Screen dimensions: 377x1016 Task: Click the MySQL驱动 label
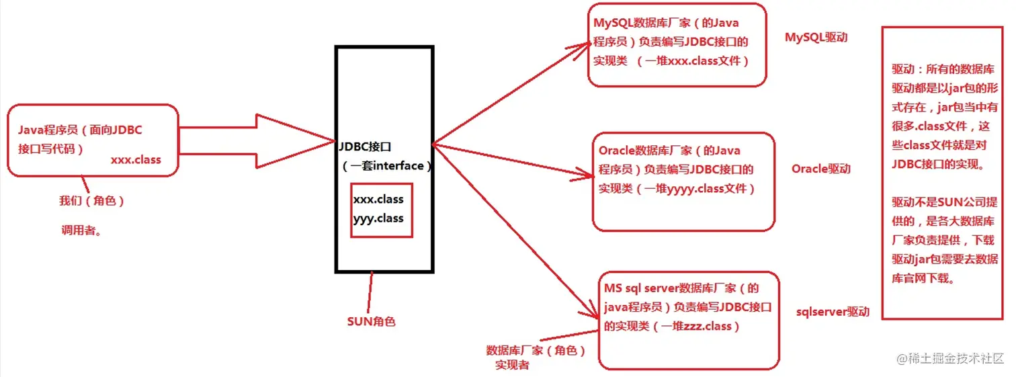[x=816, y=37]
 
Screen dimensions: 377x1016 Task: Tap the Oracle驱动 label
[x=820, y=169]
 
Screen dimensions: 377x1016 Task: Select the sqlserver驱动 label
[x=832, y=312]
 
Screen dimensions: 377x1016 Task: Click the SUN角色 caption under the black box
[x=371, y=321]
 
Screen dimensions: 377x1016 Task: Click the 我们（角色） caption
[x=92, y=201]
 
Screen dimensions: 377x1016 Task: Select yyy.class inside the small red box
[x=378, y=218]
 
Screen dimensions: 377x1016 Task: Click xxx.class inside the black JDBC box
[x=378, y=200]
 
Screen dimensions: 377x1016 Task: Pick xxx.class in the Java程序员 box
[x=136, y=161]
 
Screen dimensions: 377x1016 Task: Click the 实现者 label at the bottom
[x=512, y=365]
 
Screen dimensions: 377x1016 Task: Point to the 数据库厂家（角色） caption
[x=536, y=351]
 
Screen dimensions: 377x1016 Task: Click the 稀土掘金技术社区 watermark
[x=954, y=358]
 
